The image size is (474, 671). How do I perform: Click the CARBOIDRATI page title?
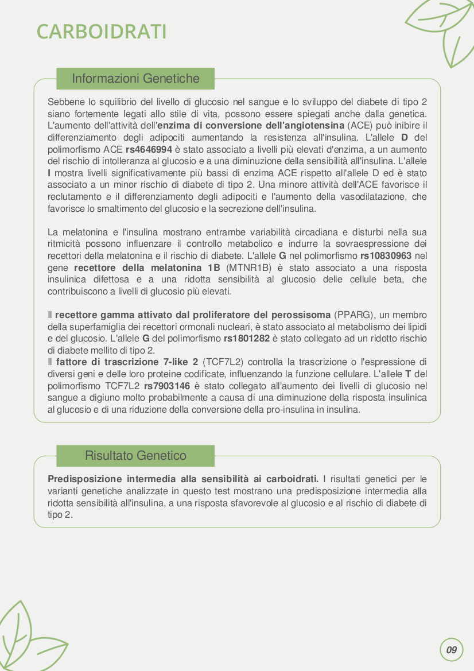pos(102,32)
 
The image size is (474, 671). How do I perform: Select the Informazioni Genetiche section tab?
pos(135,79)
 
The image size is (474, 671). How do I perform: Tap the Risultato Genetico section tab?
pos(135,456)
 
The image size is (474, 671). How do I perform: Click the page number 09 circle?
pos(452,650)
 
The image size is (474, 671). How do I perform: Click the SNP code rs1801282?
pos(247,338)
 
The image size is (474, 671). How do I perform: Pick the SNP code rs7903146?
pos(167,386)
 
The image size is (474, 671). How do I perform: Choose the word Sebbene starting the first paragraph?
pos(65,102)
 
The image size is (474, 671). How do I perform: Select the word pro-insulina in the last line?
pos(277,409)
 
